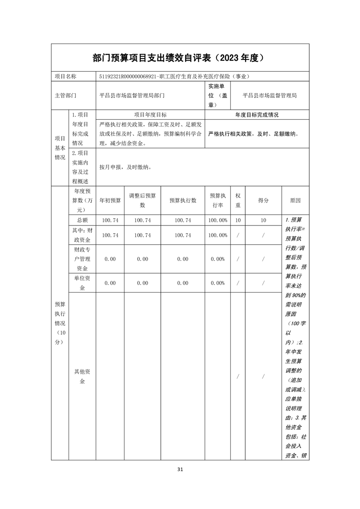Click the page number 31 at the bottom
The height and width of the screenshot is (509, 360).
pos(180,469)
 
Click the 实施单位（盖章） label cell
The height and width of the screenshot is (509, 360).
pos(218,96)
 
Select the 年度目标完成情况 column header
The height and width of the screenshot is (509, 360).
pos(257,115)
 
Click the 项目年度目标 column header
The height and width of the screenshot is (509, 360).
pos(150,115)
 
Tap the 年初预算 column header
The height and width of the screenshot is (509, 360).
pos(110,200)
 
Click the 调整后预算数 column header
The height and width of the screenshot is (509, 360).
pos(142,200)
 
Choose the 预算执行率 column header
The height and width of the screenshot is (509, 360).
pos(217,200)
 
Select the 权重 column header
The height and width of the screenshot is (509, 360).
pos(238,200)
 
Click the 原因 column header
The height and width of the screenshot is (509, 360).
pos(295,200)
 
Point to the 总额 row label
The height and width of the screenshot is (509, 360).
pos(82,220)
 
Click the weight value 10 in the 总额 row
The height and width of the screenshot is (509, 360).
pos(238,220)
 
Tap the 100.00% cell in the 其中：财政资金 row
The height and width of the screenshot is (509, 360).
pos(217,235)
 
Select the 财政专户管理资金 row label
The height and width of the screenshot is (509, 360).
pos(82,259)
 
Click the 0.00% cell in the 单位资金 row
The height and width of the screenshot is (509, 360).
pos(217,283)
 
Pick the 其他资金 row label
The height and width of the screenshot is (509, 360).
pos(82,377)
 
